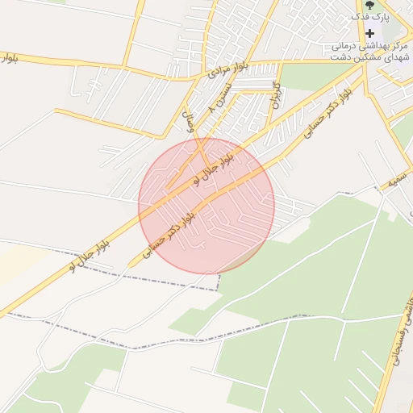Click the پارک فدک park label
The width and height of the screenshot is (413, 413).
click(374, 15)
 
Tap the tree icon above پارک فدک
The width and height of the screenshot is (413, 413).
click(358, 15)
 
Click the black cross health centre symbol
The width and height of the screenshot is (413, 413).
click(370, 33)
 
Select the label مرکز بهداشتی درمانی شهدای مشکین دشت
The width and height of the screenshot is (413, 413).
click(371, 52)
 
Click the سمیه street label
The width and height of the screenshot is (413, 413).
click(394, 183)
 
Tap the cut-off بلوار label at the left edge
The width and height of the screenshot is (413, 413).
click(6, 58)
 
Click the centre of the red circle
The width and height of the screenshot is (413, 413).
click(206, 206)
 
